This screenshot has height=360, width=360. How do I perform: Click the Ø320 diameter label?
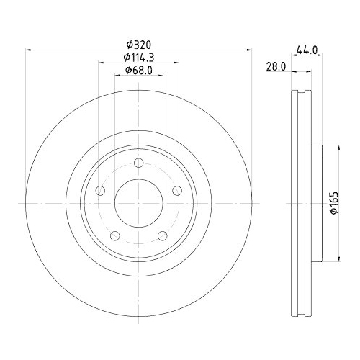coord(139,45)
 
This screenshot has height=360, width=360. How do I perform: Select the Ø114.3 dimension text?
coord(139,58)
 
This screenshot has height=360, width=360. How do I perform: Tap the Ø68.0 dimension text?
coord(139,71)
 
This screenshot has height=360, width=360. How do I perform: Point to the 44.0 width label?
coord(307,50)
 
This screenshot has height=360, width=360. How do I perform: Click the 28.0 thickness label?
coord(276,66)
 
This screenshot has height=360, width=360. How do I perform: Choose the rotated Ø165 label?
coord(334,202)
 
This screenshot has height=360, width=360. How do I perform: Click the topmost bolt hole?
coord(139,163)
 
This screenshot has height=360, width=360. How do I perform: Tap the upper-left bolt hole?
coord(100,191)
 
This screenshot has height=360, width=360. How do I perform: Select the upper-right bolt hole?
coord(177,191)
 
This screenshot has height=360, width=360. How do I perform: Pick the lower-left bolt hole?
coord(115,235)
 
